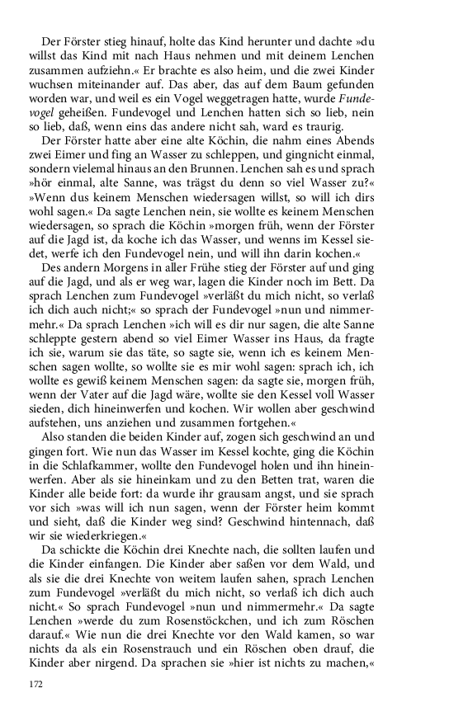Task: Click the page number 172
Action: pos(36,685)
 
